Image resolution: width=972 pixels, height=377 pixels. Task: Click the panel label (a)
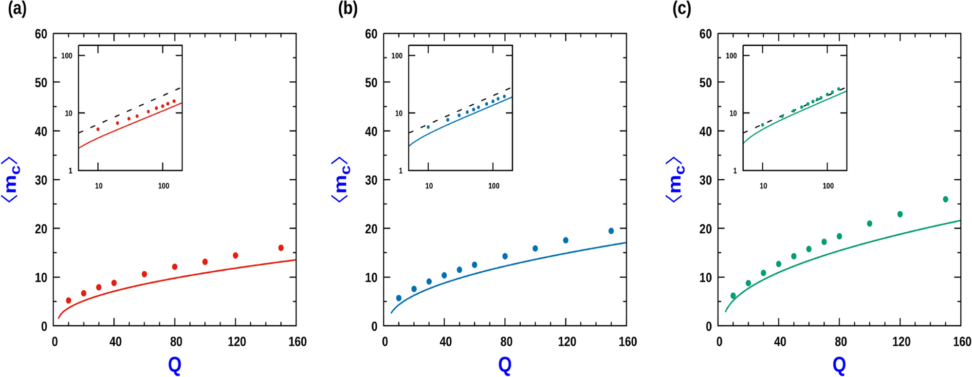[x=17, y=9]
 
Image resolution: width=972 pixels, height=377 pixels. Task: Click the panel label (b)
[x=348, y=9]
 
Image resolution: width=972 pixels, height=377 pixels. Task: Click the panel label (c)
[x=681, y=9]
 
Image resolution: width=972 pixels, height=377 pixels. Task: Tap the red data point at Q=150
[x=281, y=248]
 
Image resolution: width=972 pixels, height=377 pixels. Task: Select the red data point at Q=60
[x=144, y=274]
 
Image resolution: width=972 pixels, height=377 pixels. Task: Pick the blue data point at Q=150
[x=611, y=231]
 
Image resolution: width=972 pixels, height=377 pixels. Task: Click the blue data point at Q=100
[x=535, y=248]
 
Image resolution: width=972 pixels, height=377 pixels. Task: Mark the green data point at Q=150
[x=946, y=199]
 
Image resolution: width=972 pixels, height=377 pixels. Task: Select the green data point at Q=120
[x=900, y=214]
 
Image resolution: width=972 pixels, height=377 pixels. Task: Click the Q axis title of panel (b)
[x=505, y=365]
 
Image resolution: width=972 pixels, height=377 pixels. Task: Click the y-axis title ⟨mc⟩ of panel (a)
[x=11, y=180]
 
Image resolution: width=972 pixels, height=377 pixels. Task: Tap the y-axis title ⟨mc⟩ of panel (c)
[x=675, y=180]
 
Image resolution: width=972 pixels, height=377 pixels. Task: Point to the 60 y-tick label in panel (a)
[x=41, y=34]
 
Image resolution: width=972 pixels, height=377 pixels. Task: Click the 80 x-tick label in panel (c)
[x=841, y=342]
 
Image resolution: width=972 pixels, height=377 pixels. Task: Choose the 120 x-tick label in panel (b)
[x=567, y=342]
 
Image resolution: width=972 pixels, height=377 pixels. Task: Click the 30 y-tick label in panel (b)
[x=371, y=180]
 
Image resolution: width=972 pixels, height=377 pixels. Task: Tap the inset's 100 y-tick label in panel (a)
[x=67, y=56]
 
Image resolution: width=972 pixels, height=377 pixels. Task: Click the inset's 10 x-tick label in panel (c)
[x=763, y=186]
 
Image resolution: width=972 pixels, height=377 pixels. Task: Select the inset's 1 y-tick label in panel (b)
[x=401, y=171]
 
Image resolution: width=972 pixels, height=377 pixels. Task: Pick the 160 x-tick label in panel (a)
[x=297, y=342]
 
